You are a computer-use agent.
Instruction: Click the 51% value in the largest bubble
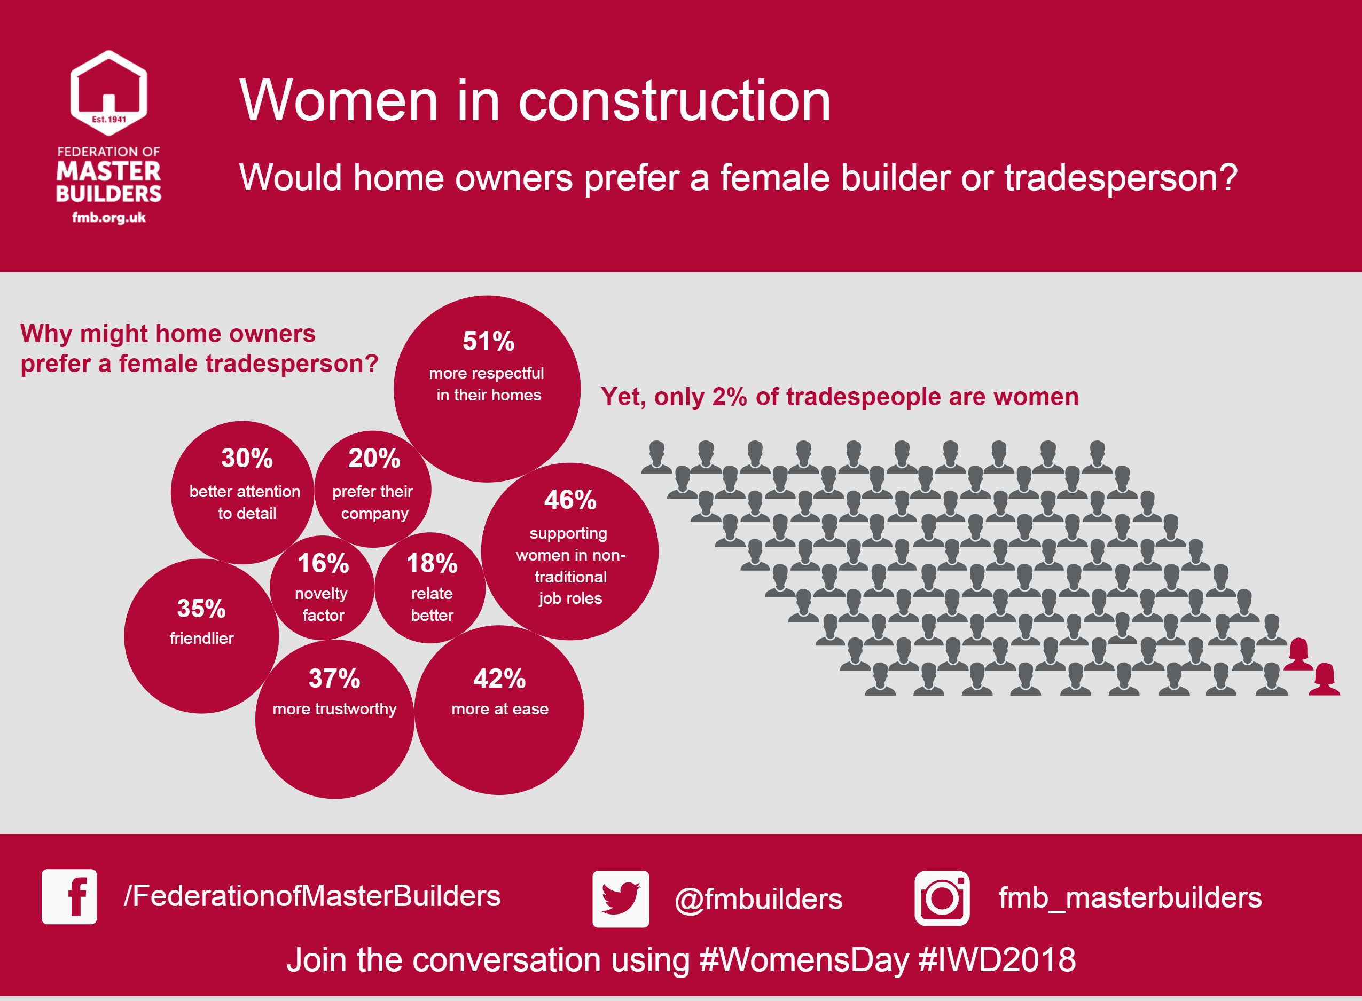[x=488, y=341]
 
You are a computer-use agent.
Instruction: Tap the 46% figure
[x=570, y=500]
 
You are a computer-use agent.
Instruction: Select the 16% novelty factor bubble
[x=322, y=587]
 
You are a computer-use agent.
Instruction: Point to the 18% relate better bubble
[x=430, y=588]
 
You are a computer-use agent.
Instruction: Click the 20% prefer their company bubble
[x=373, y=489]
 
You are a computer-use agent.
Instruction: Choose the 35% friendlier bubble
[x=201, y=636]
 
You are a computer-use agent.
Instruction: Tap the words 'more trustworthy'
[x=334, y=709]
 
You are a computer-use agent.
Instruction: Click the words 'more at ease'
[x=500, y=709]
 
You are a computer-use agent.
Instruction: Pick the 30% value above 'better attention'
[x=247, y=458]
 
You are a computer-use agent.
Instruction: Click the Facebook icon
[x=69, y=897]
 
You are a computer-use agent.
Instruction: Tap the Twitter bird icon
[x=621, y=899]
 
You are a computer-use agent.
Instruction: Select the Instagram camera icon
[x=942, y=898]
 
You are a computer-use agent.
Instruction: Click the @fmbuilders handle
[x=758, y=899]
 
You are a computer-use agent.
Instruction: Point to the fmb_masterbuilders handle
[x=1130, y=898]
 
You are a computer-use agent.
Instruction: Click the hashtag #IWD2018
[x=997, y=960]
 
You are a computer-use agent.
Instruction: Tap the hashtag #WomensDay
[x=804, y=960]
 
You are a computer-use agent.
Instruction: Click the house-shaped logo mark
[x=108, y=92]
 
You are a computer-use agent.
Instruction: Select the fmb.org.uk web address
[x=109, y=217]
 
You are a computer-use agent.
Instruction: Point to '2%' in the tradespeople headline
[x=729, y=397]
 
